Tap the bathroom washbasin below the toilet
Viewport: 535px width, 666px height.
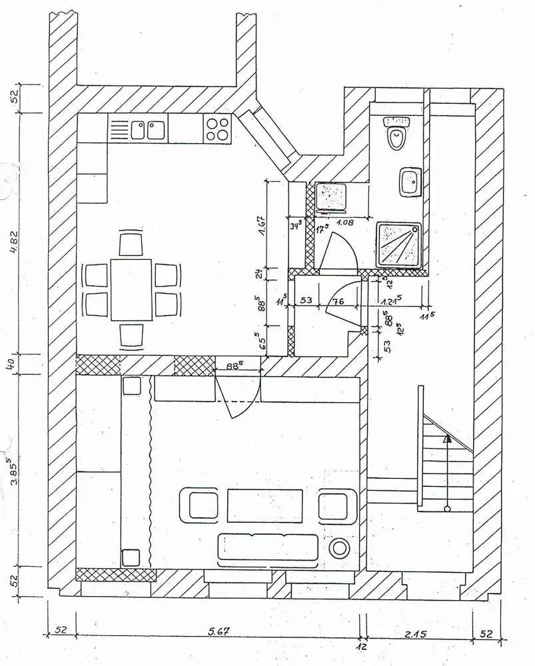410,182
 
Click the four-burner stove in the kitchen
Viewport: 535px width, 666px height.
217,128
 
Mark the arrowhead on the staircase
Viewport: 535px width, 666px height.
446,439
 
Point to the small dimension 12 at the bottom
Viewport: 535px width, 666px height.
362,647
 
